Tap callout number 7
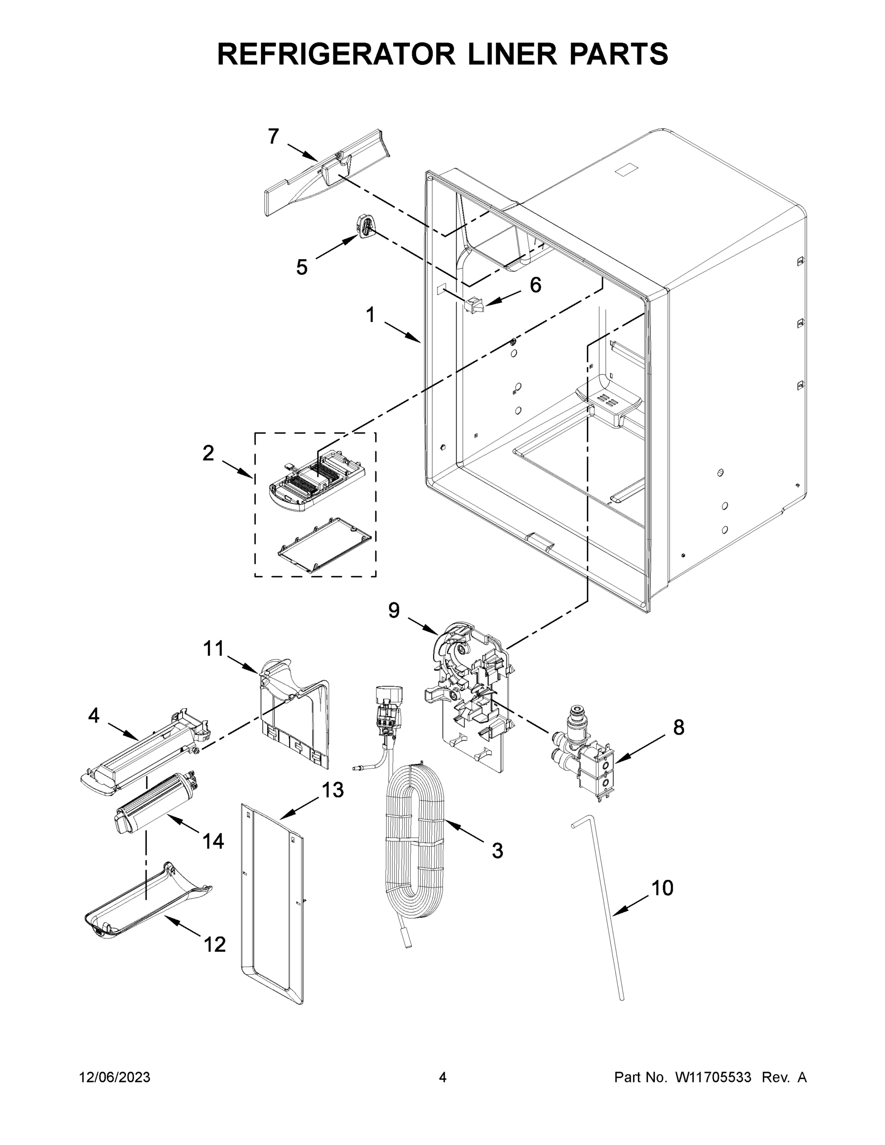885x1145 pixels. click(274, 137)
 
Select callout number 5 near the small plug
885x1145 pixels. click(302, 267)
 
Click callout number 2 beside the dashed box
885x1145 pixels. click(208, 454)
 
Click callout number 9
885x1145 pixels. click(394, 611)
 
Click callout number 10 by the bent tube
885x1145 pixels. click(662, 889)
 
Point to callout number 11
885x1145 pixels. click(213, 648)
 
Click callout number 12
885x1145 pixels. click(214, 945)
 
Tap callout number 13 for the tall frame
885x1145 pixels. click(333, 790)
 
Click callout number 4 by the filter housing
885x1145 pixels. click(94, 716)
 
